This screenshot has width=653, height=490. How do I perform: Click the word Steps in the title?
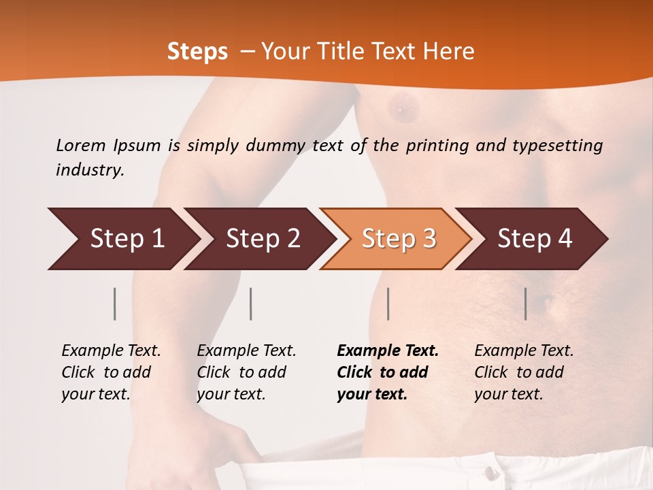tap(197, 52)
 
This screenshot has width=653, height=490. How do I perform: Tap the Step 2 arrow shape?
tap(258, 239)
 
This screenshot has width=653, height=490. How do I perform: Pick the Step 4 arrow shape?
tap(532, 239)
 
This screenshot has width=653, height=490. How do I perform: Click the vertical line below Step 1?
tap(115, 304)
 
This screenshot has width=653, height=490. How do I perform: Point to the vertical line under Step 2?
tap(251, 304)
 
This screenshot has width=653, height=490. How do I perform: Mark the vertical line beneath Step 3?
tap(388, 304)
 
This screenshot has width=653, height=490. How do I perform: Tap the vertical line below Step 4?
tap(525, 304)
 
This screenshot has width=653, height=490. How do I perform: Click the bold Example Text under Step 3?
tap(388, 351)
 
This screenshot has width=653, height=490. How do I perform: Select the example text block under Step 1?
tap(111, 372)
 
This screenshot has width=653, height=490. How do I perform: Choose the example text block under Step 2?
tap(246, 372)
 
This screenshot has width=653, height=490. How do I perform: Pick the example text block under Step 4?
tap(524, 372)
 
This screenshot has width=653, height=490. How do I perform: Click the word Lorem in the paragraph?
tap(81, 146)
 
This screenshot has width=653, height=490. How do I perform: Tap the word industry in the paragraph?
tap(89, 170)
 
